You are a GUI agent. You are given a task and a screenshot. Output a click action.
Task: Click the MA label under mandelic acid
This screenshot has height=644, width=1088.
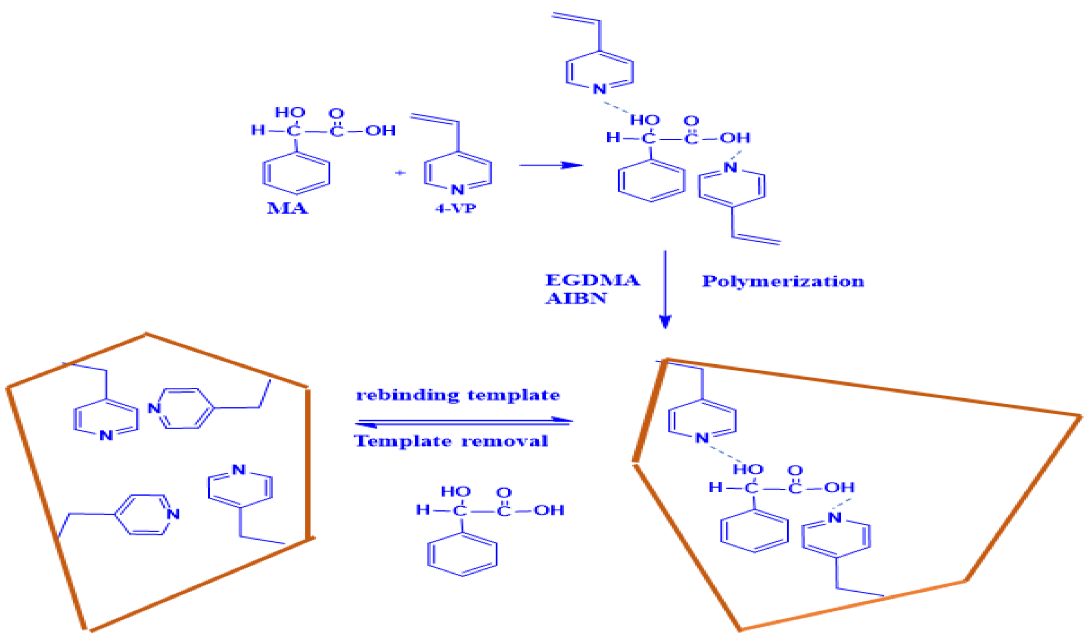coord(287,208)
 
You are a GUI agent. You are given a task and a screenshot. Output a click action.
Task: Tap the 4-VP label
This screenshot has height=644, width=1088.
coord(455,208)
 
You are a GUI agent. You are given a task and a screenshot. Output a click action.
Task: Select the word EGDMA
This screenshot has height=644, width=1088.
coord(592,280)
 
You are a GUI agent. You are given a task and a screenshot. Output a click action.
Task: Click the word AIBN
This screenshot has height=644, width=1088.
coord(576,299)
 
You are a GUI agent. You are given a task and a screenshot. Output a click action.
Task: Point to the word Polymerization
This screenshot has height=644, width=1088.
coord(783,281)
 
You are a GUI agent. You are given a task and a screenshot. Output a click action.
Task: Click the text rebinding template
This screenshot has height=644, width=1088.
coord(458,395)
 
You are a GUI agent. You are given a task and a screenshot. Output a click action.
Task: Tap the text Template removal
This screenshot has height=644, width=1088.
coord(451,441)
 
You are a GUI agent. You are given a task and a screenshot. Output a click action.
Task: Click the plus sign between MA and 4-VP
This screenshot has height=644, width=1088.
coord(400,173)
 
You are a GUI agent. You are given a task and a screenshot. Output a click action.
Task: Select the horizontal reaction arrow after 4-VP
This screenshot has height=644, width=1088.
coord(551,166)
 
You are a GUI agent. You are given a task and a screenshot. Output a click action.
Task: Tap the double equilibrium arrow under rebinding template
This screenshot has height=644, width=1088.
coord(463,422)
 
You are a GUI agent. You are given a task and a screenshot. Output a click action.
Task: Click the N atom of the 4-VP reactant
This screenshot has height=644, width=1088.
coord(457,190)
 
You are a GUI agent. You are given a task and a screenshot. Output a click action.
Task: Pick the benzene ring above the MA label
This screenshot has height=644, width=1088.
coord(297,173)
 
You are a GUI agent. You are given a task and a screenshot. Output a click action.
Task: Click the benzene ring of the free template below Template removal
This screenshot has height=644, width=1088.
coord(462,554)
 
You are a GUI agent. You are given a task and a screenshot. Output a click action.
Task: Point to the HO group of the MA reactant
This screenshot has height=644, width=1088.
coord(290,113)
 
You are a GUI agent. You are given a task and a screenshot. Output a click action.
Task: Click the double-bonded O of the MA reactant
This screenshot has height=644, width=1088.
coord(336,113)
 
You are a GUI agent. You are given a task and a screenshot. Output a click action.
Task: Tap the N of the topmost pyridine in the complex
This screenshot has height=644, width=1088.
coord(599,88)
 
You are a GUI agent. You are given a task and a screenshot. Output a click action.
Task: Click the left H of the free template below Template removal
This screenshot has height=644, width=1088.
coord(423,510)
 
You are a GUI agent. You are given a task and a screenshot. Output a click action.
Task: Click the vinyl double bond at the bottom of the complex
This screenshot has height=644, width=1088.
coord(756,240)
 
